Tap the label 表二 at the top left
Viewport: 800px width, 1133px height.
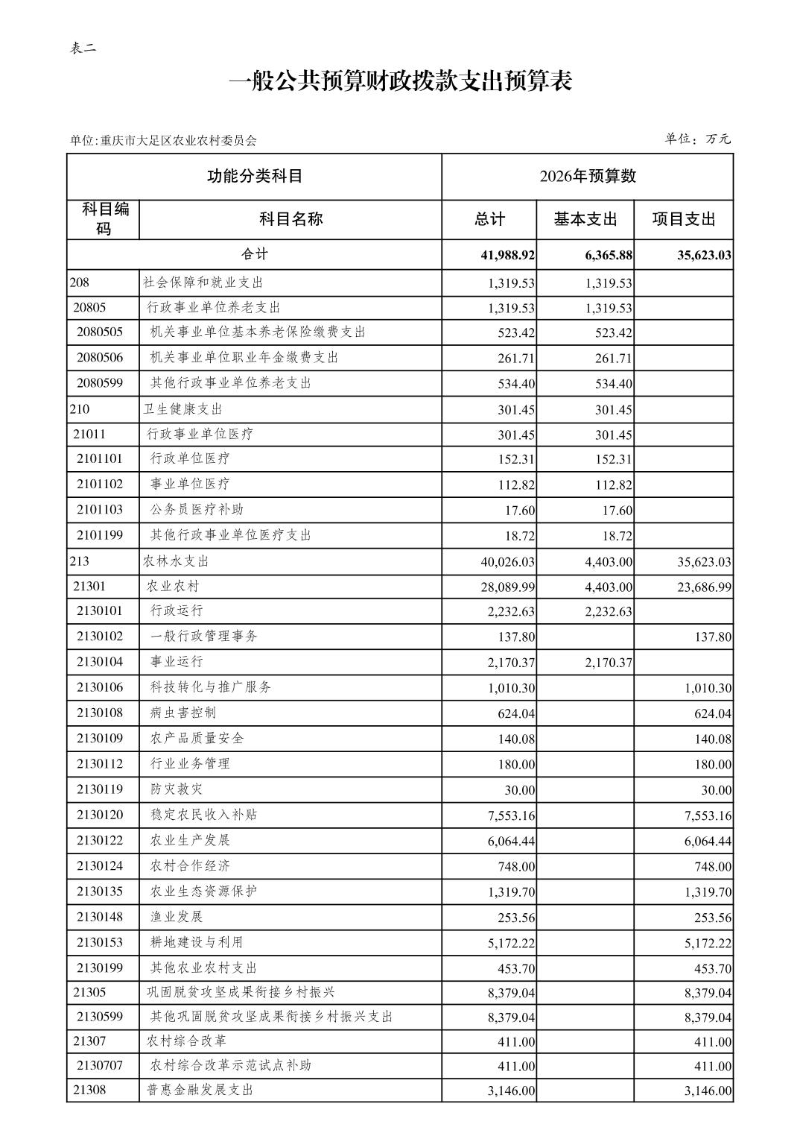coord(83,48)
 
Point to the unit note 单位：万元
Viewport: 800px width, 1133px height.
coord(697,139)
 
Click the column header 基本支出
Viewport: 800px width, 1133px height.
coord(585,219)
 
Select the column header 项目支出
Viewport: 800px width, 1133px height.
coord(683,219)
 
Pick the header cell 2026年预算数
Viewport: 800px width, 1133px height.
coord(587,177)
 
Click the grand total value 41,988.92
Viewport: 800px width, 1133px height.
coord(507,256)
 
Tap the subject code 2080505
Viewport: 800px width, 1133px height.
coord(100,332)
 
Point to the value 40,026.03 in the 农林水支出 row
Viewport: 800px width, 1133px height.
coord(507,562)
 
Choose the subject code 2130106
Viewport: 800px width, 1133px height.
coord(100,687)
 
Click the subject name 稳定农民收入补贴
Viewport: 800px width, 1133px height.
coord(203,815)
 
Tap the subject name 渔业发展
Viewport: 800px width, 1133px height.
coord(177,917)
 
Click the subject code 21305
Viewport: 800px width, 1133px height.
coord(89,993)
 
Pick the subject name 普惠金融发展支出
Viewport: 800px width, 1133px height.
coord(200,1091)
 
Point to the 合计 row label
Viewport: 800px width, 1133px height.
coord(254,255)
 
